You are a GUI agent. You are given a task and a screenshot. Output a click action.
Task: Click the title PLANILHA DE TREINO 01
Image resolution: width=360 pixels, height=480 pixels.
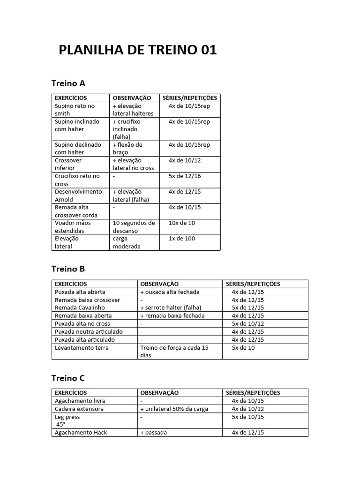click(137, 51)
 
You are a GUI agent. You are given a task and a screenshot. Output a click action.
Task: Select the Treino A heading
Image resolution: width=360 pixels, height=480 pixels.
click(68, 83)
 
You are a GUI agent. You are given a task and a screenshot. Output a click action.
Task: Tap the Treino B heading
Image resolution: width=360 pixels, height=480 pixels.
click(68, 269)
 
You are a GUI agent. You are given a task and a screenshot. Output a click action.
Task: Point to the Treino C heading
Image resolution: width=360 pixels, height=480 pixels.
click(68, 378)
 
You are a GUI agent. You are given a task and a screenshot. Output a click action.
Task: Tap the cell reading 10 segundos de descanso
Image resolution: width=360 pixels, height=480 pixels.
click(134, 227)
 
